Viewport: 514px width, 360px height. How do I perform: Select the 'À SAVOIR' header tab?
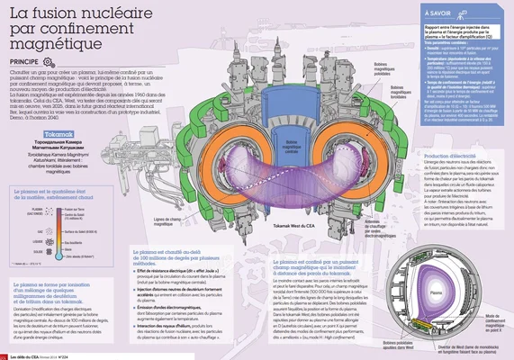point(440,14)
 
